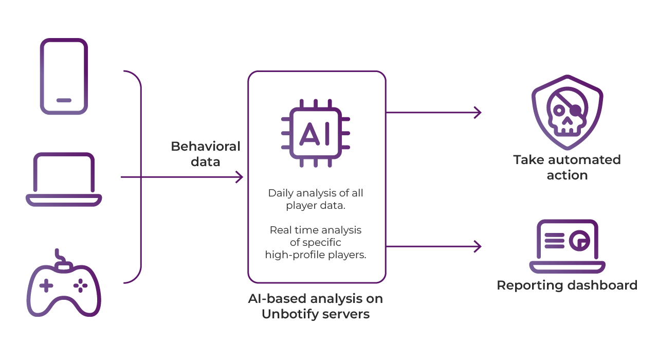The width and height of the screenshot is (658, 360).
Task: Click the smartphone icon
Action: pos(64,76)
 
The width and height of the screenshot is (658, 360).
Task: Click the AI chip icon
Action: pos(315,133)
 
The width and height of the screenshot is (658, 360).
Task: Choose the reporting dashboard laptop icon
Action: pos(567,246)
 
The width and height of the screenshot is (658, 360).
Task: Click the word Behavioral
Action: pos(206,147)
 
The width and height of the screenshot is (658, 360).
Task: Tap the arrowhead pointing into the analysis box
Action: pos(239,177)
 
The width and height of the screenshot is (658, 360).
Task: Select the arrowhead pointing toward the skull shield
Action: pos(478,112)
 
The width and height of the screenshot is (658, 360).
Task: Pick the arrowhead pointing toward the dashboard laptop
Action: pos(478,246)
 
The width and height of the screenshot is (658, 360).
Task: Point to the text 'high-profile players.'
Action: pos(316,255)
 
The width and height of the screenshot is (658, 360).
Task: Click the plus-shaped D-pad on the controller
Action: pos(46,285)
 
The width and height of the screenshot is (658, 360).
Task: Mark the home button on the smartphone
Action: pos(64,100)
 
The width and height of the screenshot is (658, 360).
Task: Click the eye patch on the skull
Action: pos(575,110)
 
